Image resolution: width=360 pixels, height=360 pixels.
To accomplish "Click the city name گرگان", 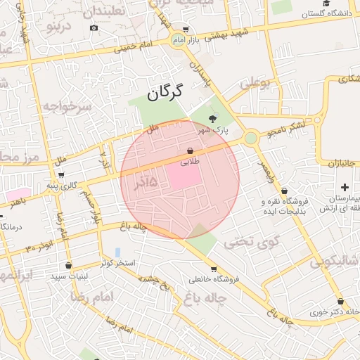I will pos(165,91).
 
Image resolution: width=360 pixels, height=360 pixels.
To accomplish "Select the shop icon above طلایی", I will pos(191,150).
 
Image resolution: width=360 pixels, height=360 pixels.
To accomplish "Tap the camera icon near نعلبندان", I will pos(94,28).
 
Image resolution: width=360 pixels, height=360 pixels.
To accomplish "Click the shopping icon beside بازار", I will pos(185,30).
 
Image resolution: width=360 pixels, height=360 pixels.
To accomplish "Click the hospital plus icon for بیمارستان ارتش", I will pos(344,187).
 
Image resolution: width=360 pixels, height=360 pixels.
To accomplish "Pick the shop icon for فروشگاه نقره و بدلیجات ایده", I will pos(284,191).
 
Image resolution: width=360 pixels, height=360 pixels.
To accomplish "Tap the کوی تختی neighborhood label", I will pos(252,243).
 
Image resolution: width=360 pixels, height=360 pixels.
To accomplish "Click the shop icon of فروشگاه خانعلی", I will pos(213,269).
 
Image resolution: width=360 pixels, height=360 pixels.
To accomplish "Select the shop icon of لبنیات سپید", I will pos(68,266).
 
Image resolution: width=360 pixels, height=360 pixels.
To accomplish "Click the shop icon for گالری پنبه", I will pos(61,175).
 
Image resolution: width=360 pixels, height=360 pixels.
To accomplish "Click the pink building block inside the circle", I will pos(184,176).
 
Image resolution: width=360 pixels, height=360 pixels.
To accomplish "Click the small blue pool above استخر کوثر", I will pos(117,252).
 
